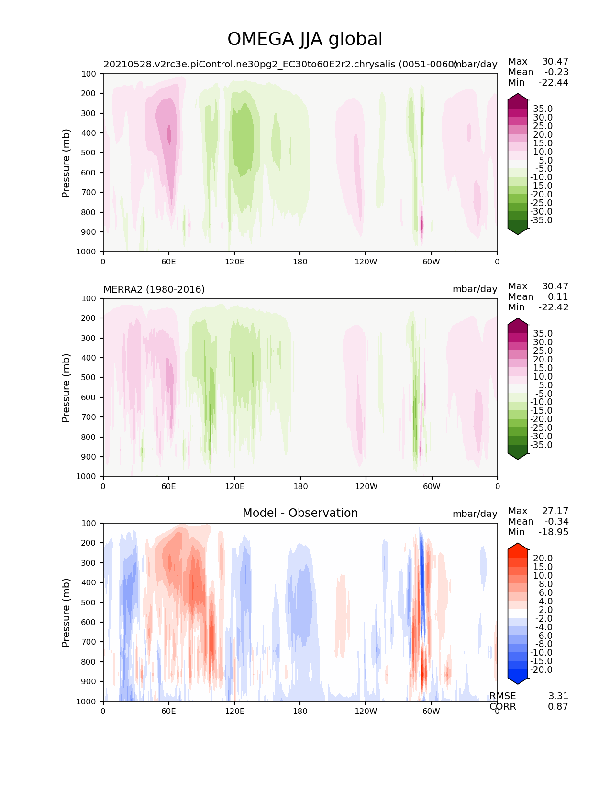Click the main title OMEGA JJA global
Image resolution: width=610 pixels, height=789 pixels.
(305, 39)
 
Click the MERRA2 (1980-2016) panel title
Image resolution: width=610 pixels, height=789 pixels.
(154, 289)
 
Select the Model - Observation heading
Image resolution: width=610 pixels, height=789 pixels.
(300, 513)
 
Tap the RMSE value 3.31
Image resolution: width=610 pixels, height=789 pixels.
(558, 696)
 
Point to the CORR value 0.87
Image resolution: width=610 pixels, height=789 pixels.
(558, 707)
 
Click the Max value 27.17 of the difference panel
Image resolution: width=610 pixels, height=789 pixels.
(555, 511)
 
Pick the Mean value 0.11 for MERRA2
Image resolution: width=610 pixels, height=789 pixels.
(558, 297)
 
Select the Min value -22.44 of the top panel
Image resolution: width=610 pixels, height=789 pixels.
(553, 83)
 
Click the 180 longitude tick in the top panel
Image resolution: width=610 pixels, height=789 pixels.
(300, 262)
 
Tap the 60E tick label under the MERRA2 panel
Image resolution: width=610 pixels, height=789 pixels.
(168, 486)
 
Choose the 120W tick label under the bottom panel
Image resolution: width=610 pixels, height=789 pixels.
(366, 711)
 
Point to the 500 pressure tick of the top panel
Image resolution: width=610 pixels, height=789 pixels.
(89, 153)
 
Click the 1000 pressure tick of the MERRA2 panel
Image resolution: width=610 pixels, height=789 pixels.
(87, 476)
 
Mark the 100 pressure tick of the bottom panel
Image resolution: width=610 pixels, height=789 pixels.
(89, 523)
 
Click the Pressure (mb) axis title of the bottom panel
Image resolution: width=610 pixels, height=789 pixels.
(66, 613)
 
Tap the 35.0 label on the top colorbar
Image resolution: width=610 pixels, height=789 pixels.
(543, 109)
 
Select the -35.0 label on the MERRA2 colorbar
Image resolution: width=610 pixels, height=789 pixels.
(541, 445)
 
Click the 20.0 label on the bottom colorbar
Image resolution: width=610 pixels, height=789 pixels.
(543, 559)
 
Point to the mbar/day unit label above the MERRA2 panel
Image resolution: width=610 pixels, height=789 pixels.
(475, 289)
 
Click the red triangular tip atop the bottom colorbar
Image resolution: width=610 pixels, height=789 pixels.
(518, 547)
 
